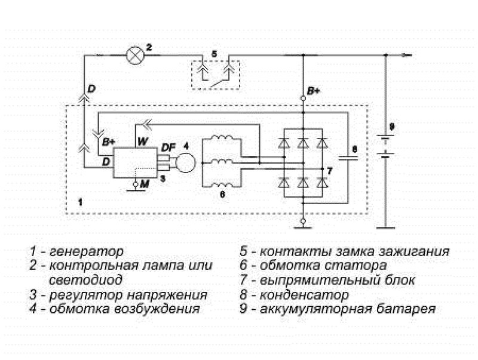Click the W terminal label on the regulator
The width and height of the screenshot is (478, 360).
[x=142, y=142]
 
